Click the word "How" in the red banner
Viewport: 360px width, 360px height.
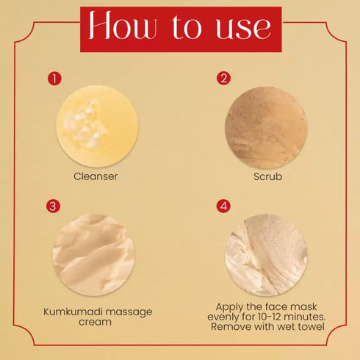pos(123,25)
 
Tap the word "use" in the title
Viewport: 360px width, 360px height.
pos(244,28)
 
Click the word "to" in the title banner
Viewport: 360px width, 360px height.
pos(187,26)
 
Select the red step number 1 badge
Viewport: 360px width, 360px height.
pos(54,79)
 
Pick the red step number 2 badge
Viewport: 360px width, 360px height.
pos(223,78)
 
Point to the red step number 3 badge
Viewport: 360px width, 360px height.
pos(53,206)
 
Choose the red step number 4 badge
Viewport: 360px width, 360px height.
pos(223,206)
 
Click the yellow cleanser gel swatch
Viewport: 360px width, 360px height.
pos(97,126)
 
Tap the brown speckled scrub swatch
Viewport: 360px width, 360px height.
pos(266,127)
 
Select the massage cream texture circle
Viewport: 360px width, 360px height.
pos(94,255)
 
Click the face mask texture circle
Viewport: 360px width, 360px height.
pos(266,255)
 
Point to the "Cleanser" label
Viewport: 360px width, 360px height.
pos(96,176)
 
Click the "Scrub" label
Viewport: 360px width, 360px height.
pos(267,176)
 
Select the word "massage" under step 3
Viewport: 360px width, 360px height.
pos(129,312)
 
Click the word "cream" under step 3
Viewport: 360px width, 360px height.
pos(95,322)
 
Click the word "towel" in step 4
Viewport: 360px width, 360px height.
pos(311,326)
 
